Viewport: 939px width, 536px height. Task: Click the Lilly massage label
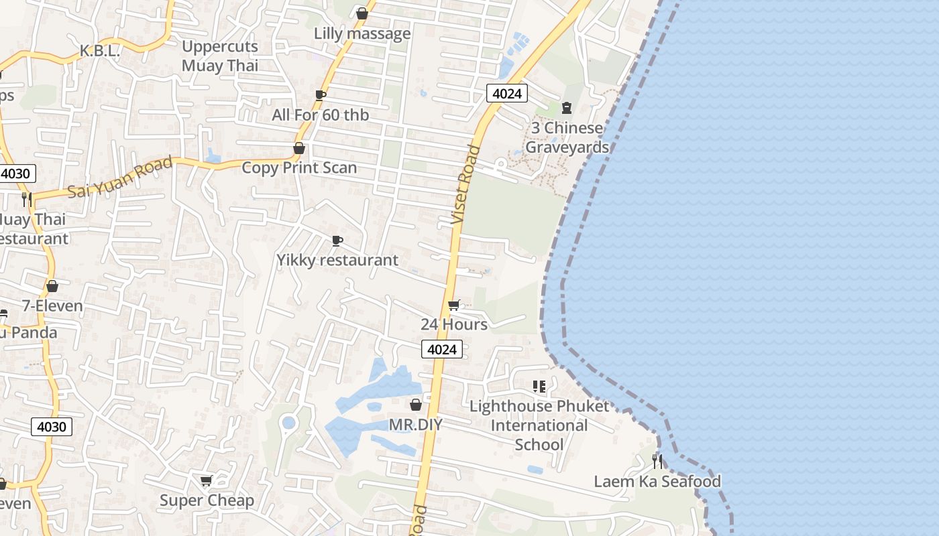(x=362, y=33)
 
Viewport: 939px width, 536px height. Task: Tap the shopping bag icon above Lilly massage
(x=362, y=13)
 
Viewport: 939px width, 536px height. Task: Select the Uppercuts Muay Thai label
(x=220, y=56)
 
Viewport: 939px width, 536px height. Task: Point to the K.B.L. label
(x=99, y=51)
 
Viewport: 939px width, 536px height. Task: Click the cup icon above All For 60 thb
(x=321, y=95)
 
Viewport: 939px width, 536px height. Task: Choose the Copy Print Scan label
(x=299, y=167)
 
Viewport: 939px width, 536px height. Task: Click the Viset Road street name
(x=465, y=184)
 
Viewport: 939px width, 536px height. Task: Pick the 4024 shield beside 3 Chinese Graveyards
(x=506, y=93)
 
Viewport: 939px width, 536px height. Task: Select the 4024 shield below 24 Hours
(x=442, y=349)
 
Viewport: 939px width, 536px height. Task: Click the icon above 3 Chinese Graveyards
(x=567, y=107)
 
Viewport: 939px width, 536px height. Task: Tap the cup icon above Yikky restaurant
(x=337, y=241)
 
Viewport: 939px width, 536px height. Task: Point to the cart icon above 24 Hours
(x=454, y=306)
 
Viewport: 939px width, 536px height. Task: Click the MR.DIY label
(x=416, y=425)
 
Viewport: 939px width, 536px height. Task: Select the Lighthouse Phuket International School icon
(x=539, y=387)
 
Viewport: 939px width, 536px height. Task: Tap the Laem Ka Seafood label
(x=657, y=481)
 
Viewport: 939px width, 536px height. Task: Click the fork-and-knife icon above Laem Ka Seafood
(x=657, y=461)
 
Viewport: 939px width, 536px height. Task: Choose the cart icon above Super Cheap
(x=207, y=480)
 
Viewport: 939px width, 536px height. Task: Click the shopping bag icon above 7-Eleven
(x=52, y=286)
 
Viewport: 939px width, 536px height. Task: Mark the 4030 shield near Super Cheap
(x=52, y=427)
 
